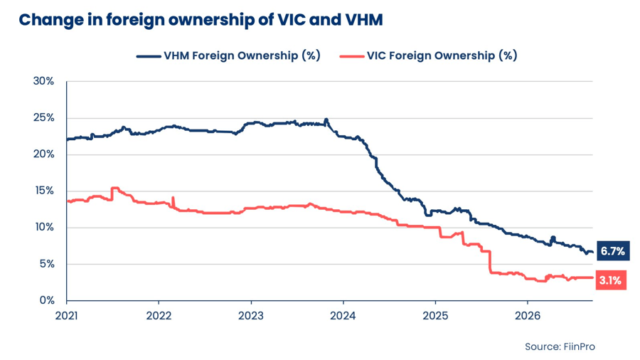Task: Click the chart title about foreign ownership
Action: [201, 20]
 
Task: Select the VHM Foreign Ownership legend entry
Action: [228, 55]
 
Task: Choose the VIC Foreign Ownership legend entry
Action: [428, 55]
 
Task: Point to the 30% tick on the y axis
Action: [43, 81]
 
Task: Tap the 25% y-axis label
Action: [43, 118]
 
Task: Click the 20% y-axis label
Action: [43, 154]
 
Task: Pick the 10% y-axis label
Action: [45, 228]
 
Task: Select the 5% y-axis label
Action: [46, 264]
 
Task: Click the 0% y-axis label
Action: [46, 300]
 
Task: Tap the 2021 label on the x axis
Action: [67, 315]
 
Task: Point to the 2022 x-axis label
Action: [159, 315]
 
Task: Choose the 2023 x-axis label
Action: [251, 315]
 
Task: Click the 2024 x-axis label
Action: [343, 315]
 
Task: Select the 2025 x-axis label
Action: [435, 315]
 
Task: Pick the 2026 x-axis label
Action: [528, 315]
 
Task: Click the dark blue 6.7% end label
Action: [613, 250]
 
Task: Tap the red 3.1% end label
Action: [611, 280]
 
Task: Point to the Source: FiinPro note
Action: [560, 346]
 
